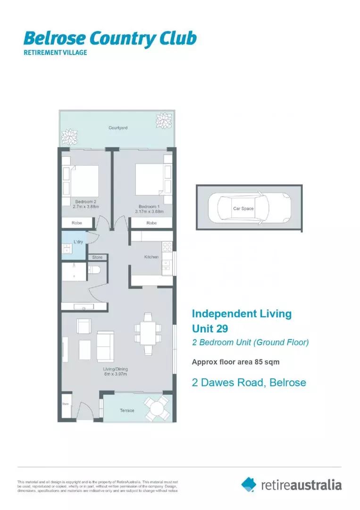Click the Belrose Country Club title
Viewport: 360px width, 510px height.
[x=109, y=38]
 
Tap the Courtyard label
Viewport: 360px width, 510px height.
[x=117, y=128]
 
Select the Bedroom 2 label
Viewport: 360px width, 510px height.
[x=85, y=202]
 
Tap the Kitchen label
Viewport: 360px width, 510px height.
[x=151, y=257]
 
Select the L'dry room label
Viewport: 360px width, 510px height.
[x=78, y=241]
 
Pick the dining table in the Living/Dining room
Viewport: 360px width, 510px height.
[x=148, y=333]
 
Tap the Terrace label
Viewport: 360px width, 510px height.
[x=126, y=411]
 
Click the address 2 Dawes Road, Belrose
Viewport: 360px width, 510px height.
[x=249, y=382]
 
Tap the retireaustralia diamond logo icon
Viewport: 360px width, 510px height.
[x=249, y=484]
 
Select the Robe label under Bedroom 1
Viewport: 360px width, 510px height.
[x=151, y=223]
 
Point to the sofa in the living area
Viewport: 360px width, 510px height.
[x=105, y=346]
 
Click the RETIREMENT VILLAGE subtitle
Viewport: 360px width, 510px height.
[x=55, y=53]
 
